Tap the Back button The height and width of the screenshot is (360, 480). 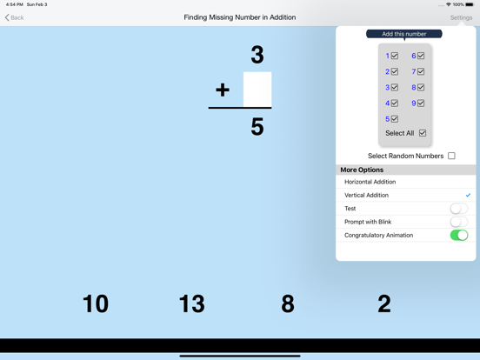[15, 17]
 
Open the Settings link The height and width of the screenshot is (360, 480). [461, 17]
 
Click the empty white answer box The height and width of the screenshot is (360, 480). [257, 90]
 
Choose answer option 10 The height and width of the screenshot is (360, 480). [96, 303]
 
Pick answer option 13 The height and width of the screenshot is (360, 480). [191, 303]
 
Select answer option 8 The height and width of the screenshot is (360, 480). [288, 303]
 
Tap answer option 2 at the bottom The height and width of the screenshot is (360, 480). [384, 303]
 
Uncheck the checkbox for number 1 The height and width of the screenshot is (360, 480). [395, 56]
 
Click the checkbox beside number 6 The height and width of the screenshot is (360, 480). [421, 56]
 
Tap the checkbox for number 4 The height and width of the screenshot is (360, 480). [395, 103]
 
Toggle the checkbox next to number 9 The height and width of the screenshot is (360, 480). [421, 103]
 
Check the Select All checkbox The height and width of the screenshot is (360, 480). [423, 133]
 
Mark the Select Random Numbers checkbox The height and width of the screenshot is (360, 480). [451, 157]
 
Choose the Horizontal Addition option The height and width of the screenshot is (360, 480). [370, 182]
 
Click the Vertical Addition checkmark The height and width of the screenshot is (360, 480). [468, 195]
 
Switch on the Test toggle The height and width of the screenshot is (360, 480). [458, 209]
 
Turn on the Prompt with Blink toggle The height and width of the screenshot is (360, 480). [458, 222]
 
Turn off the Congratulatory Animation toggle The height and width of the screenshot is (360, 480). [458, 235]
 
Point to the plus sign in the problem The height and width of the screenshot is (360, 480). [223, 90]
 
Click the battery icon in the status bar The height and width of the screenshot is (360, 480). [470, 4]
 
